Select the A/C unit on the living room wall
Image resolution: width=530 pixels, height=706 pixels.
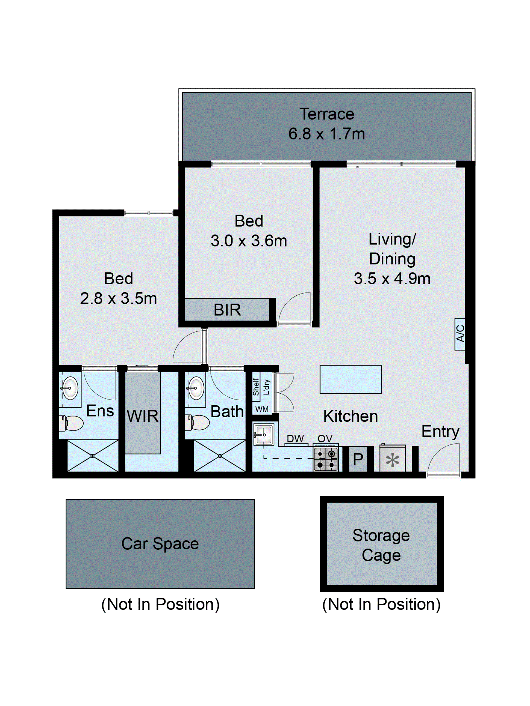[x=460, y=334]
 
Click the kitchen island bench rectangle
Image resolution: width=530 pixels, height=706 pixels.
[x=351, y=379]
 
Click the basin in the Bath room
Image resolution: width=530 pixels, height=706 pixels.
[x=195, y=388]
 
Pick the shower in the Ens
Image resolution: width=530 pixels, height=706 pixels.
[x=92, y=456]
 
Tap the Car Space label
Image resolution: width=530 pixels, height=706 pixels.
[x=160, y=544]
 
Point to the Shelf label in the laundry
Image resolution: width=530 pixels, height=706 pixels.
[x=256, y=387]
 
